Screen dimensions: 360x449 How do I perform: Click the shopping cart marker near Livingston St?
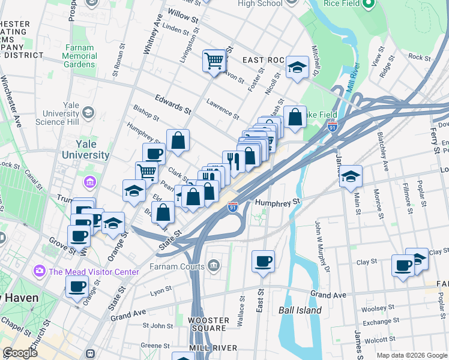pos(214,61)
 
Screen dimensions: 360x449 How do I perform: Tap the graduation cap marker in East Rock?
pos(297,68)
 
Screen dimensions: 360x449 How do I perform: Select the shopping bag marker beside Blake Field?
pos(295,118)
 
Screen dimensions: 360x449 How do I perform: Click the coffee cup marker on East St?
pos(262,262)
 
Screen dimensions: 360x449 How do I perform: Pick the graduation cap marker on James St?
pos(351,177)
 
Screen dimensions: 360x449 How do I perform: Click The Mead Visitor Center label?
pos(94,272)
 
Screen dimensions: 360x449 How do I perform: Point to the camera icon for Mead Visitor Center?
pos(40,271)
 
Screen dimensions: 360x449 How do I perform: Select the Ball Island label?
pos(300,310)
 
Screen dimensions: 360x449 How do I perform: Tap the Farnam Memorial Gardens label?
pos(79,56)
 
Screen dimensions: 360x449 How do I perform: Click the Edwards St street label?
pos(172,103)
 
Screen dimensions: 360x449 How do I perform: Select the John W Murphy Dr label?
pos(322,247)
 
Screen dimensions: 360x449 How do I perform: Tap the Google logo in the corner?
pos(20,353)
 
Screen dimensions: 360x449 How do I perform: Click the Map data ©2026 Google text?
pos(411,355)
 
